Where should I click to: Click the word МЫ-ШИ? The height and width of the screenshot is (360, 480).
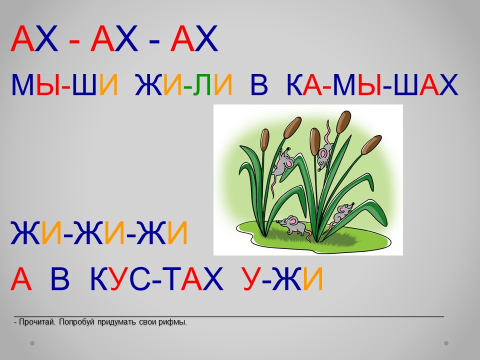click(64, 84)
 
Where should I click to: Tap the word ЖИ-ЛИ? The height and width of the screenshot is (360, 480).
click(183, 84)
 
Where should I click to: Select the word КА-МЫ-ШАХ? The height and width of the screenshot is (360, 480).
click(372, 84)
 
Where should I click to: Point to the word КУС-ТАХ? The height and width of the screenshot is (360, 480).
click(156, 278)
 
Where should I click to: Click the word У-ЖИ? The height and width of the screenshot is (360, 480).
click(283, 278)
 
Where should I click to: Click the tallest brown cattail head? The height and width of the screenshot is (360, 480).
click(343, 122)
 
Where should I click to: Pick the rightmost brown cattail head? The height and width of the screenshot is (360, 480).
click(371, 144)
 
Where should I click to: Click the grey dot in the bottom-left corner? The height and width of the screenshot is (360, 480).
click(32, 343)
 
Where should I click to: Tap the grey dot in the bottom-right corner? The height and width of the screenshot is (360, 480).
click(446, 343)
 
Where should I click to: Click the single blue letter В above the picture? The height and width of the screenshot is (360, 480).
click(259, 85)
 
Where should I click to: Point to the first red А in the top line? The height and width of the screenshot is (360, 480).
click(22, 39)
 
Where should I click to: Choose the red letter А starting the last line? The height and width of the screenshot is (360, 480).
click(21, 279)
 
